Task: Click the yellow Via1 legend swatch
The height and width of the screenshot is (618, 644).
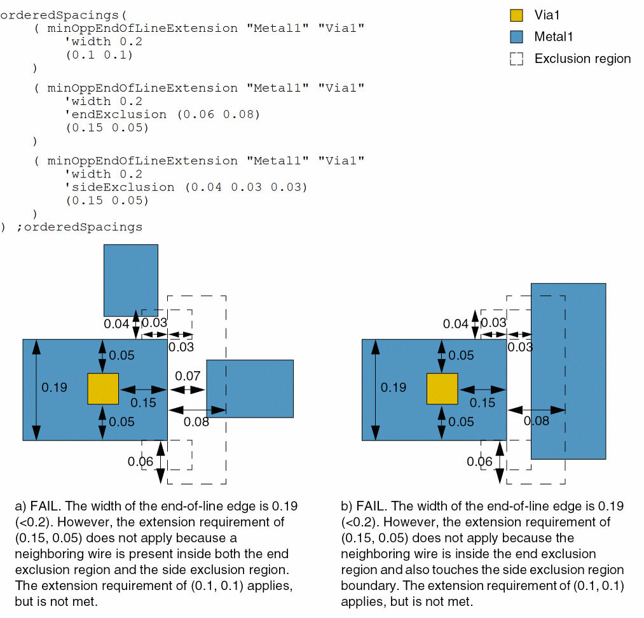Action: (x=517, y=15)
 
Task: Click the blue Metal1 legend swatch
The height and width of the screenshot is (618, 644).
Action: (x=517, y=37)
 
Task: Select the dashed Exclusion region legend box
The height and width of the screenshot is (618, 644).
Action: (x=517, y=59)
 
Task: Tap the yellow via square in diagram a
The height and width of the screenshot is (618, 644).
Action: (x=103, y=389)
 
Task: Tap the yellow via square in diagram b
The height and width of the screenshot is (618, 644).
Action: (x=442, y=389)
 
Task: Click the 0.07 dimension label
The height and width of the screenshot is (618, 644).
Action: (x=188, y=376)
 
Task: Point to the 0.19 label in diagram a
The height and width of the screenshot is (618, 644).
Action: (x=55, y=387)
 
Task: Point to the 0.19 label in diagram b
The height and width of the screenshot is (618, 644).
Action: (x=394, y=387)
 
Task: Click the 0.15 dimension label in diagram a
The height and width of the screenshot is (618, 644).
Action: (x=143, y=402)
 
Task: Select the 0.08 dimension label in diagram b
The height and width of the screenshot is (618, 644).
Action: (x=537, y=420)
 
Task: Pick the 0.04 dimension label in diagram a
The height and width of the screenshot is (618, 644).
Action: (x=116, y=324)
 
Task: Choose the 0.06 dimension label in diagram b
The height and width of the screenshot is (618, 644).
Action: (x=479, y=461)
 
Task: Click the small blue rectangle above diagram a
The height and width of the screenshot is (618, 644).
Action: (x=130, y=280)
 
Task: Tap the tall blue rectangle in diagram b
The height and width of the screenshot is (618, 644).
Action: (x=568, y=371)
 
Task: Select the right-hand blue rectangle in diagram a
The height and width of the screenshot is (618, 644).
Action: (x=250, y=389)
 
